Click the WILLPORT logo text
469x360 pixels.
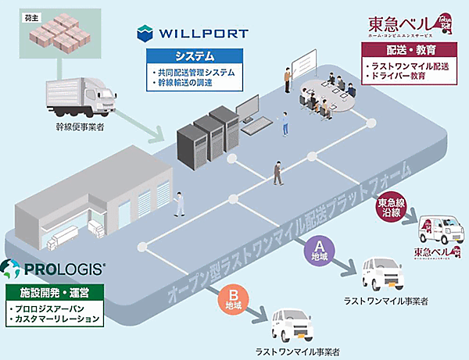coord(202,34)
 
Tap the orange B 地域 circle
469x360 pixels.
coord(232,299)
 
